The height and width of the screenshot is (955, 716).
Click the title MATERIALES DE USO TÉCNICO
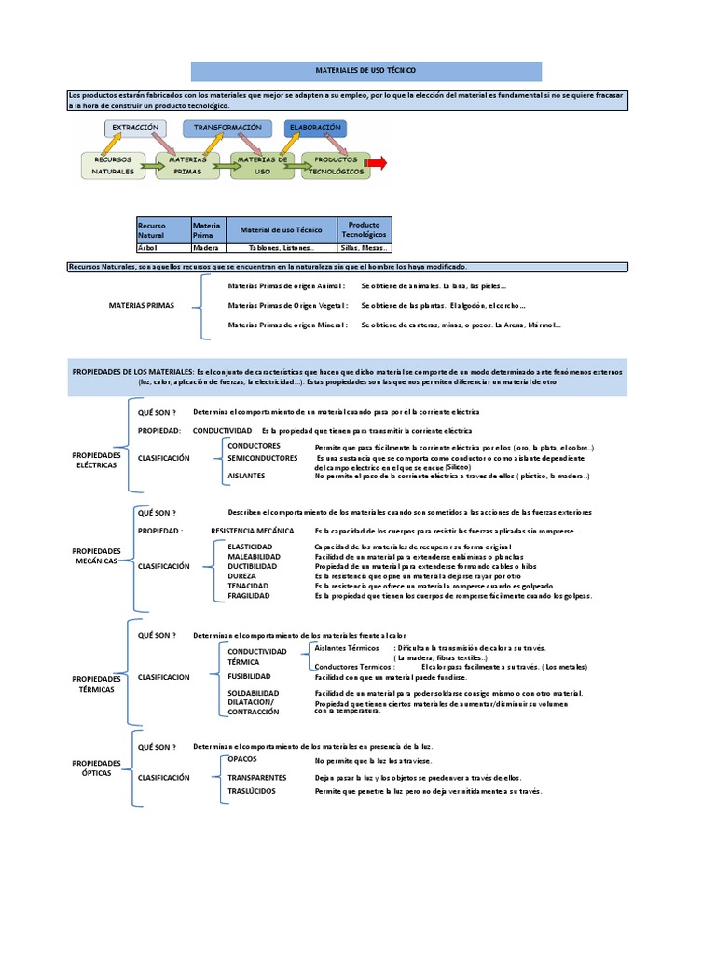(x=365, y=71)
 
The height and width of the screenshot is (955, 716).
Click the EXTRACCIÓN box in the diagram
(x=136, y=127)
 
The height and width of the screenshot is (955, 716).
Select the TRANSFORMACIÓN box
(x=227, y=127)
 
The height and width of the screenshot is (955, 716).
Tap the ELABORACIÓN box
(x=314, y=127)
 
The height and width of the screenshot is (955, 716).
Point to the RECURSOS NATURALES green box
(x=113, y=166)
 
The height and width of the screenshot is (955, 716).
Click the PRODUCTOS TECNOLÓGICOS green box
(x=329, y=166)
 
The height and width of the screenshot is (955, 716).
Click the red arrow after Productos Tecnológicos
(x=375, y=164)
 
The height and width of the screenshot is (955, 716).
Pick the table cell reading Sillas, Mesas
(x=364, y=248)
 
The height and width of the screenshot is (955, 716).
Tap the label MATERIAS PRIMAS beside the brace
(x=136, y=305)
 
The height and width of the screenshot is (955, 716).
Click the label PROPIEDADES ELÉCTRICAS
(x=97, y=460)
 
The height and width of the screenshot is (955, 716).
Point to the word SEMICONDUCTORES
(x=261, y=457)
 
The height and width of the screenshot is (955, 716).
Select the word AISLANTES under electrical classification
(x=246, y=476)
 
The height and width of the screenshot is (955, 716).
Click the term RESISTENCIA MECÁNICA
(x=252, y=531)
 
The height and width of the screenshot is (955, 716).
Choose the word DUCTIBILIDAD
(x=252, y=566)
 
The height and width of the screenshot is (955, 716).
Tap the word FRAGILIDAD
(x=249, y=595)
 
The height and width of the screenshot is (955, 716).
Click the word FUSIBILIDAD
(x=249, y=676)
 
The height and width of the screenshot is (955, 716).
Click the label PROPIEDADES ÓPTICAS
(x=97, y=768)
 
